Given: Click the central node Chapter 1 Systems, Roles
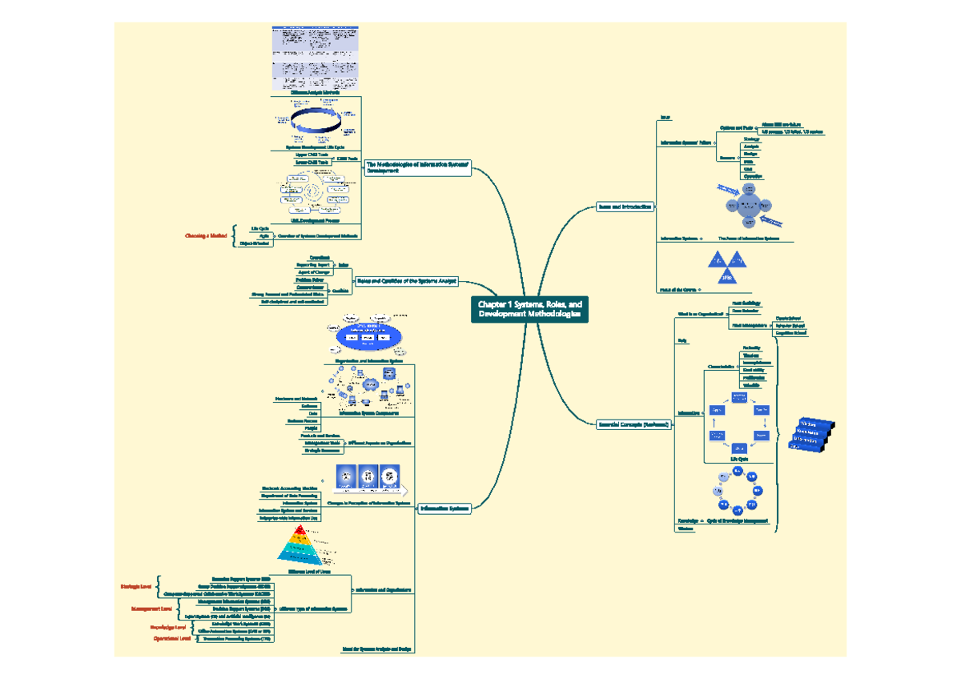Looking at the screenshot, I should pyautogui.click(x=529, y=310).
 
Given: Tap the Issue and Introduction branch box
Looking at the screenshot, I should pyautogui.click(x=625, y=207).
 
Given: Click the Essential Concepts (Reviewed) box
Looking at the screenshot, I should pyautogui.click(x=634, y=424).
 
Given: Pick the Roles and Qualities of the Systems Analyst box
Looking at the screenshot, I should pyautogui.click(x=407, y=281).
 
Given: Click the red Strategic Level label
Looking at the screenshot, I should pyautogui.click(x=136, y=587).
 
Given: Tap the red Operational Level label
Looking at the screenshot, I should pyautogui.click(x=172, y=639).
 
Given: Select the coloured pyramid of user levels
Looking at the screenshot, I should pyautogui.click(x=302, y=544).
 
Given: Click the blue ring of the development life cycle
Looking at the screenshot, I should pyautogui.click(x=316, y=122).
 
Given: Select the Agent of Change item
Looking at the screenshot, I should pyautogui.click(x=314, y=272).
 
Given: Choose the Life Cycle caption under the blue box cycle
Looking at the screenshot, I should pyautogui.click(x=738, y=460).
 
